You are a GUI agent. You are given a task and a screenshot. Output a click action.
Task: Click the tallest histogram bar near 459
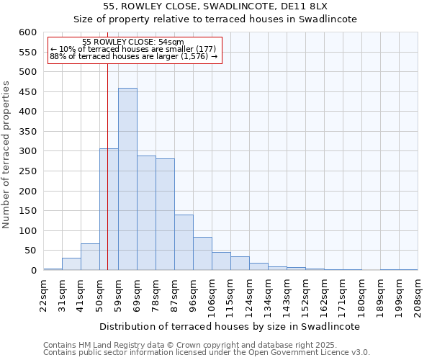[x=127, y=180]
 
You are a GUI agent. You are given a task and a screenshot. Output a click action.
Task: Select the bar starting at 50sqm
[x=109, y=210]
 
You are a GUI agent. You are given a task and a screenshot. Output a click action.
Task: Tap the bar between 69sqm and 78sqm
[x=146, y=213]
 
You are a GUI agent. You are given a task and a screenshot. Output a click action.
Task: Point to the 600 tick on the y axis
[x=28, y=32]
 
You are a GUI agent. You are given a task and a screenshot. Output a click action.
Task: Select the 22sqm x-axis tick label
[x=44, y=294]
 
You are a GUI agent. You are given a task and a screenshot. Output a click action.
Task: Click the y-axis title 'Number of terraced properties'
[x=6, y=155]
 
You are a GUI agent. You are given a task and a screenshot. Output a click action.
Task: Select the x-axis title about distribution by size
[x=229, y=326]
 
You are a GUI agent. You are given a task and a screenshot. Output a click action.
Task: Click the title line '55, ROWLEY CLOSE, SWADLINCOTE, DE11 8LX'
[x=215, y=6]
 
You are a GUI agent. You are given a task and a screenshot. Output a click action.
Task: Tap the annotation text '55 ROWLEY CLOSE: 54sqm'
[x=133, y=42]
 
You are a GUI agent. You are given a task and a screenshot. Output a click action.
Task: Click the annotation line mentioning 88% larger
[x=133, y=56]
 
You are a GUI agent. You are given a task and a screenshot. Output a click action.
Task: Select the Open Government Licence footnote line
[x=206, y=353]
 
